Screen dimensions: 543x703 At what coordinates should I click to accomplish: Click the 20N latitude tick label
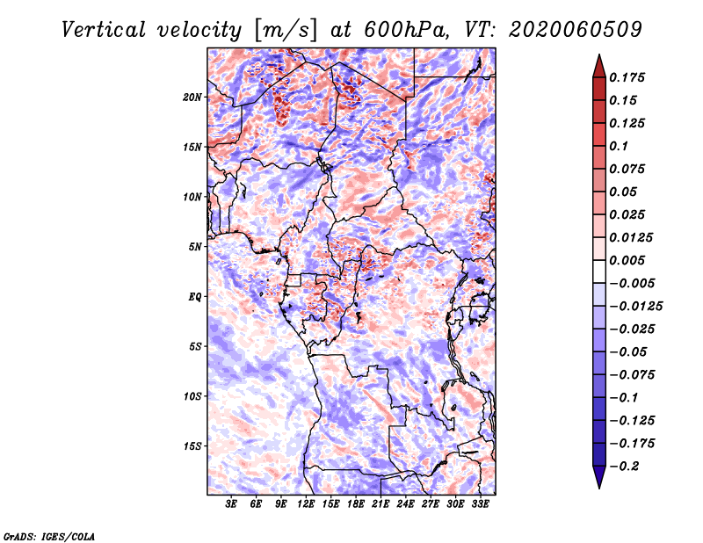[192, 97]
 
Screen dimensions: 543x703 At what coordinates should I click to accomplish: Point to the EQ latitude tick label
[195, 297]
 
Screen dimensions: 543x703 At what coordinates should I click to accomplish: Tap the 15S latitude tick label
[192, 446]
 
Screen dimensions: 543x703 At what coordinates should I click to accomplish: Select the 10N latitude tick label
[192, 197]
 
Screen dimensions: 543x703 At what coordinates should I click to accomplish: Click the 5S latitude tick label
[195, 346]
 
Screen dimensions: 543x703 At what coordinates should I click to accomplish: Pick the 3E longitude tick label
[232, 504]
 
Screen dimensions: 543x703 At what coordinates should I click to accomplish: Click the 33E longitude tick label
[480, 504]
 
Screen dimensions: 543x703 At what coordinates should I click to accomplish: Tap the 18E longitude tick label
[356, 504]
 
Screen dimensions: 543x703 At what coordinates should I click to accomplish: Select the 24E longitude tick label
[405, 504]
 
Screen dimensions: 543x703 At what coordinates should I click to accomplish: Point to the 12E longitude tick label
[306, 504]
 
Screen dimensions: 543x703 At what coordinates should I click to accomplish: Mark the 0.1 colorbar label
[619, 146]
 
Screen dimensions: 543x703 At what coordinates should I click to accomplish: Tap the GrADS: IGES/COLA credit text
[49, 535]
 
